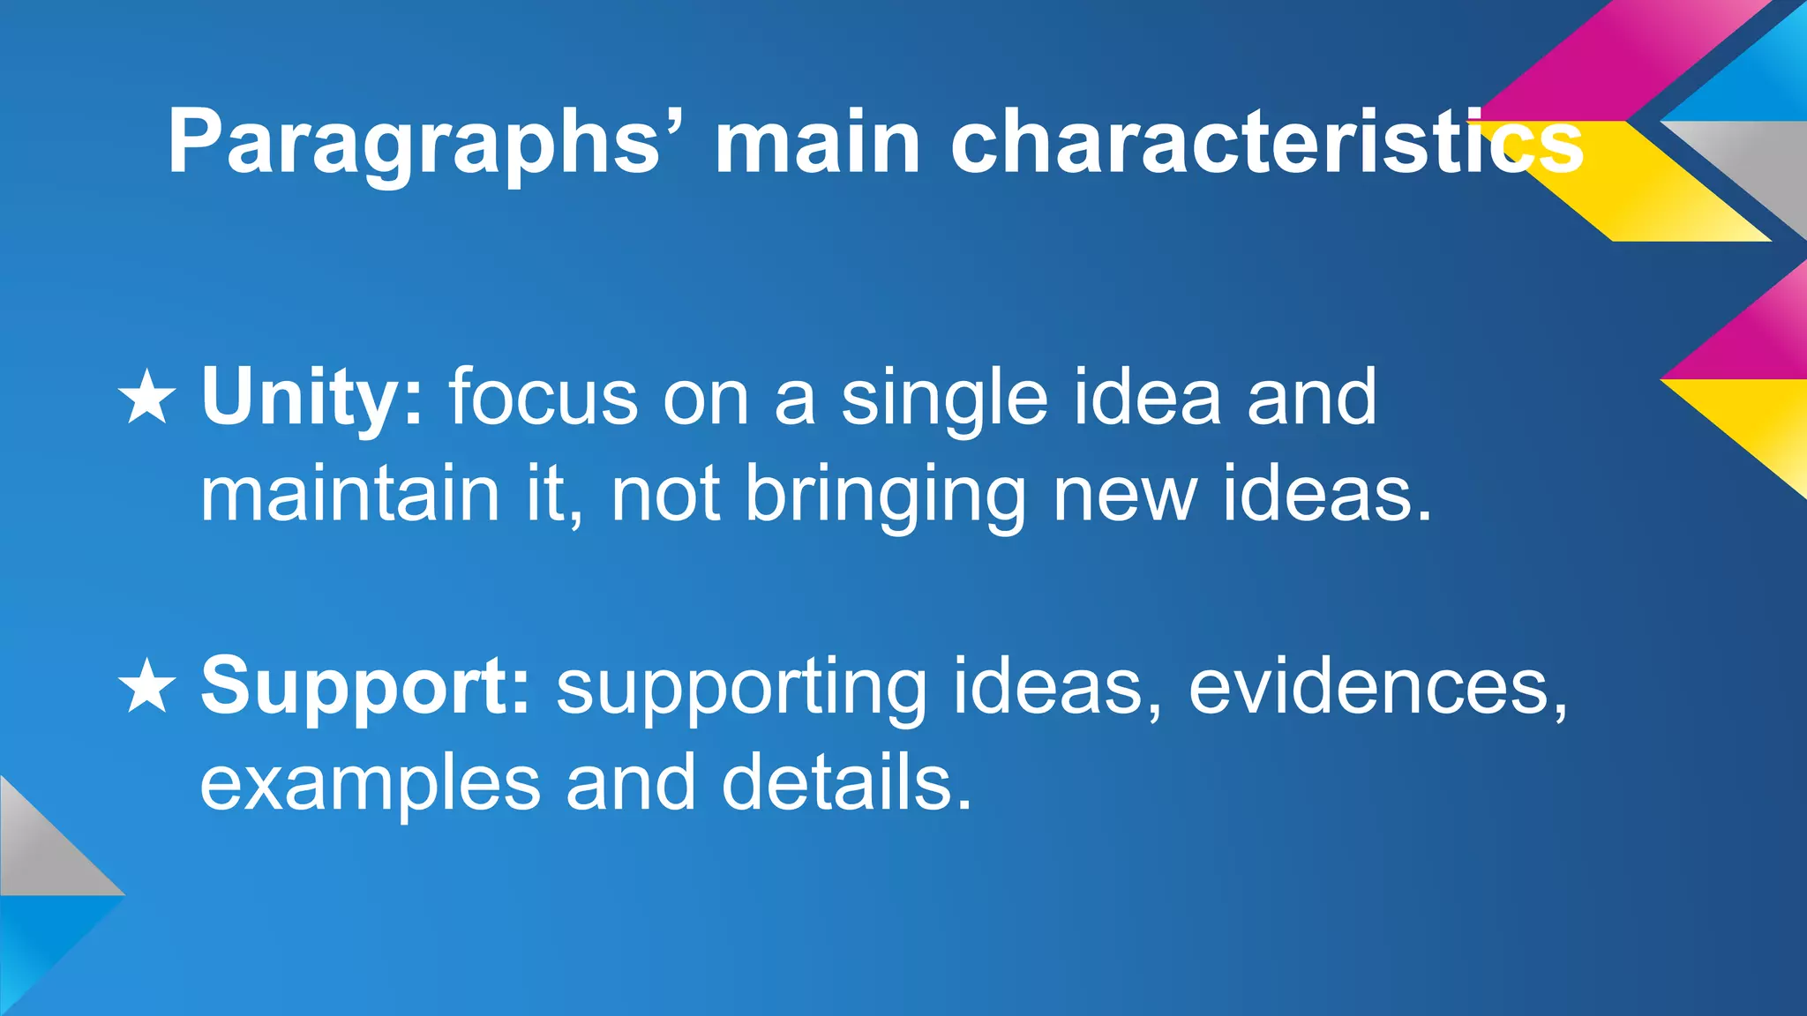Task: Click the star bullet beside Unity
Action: (x=147, y=398)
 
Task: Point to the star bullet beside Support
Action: (x=147, y=687)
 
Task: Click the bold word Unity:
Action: (x=312, y=398)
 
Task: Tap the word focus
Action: (x=543, y=398)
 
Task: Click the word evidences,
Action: (x=1377, y=687)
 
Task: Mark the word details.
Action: (x=846, y=783)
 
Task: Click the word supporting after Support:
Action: (x=741, y=687)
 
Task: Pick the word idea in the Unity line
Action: (x=1147, y=398)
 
